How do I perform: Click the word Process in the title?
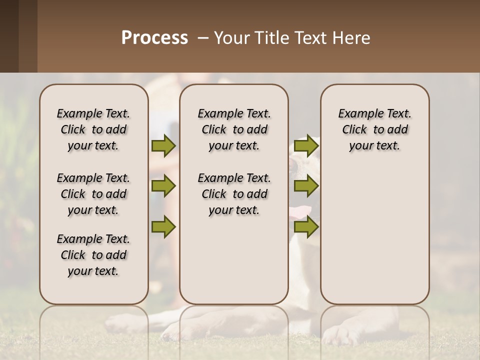[154, 37]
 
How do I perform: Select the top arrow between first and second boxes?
[163, 145]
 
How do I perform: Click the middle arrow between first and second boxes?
[163, 186]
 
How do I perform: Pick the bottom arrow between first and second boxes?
[163, 227]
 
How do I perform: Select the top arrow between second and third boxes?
[306, 145]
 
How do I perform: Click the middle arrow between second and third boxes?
[306, 186]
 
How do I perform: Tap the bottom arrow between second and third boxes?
[306, 227]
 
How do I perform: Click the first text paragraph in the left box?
[93, 129]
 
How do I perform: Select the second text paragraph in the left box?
[93, 194]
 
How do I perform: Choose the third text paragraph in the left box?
[93, 255]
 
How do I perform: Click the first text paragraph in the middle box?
[234, 129]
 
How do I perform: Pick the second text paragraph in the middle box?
[234, 194]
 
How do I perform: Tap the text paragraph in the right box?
[374, 129]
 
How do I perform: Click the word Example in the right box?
[356, 114]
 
